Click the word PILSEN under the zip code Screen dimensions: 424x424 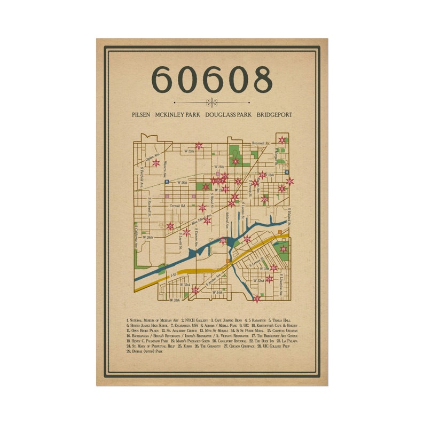tap(142, 114)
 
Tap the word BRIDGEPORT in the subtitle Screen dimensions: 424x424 tap(274, 114)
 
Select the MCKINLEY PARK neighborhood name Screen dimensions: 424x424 tap(176, 114)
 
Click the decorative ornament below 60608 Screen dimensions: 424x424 tap(211, 102)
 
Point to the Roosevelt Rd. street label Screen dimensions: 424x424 tap(261, 143)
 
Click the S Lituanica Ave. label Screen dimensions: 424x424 tap(280, 278)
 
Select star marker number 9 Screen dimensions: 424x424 tap(282, 140)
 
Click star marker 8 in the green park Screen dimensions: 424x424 tap(235, 161)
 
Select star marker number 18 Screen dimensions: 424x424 tap(284, 249)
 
